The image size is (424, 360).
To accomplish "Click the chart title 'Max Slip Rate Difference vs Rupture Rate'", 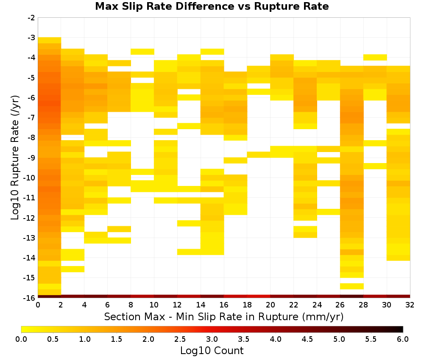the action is (x=212, y=6).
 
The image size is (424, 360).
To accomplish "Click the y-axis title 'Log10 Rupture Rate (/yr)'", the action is (x=15, y=158).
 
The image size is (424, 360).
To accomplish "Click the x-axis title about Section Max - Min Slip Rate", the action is (x=224, y=316).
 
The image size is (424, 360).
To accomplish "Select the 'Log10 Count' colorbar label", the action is (x=212, y=351).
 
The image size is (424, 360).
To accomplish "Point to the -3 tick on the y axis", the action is (x=31, y=38).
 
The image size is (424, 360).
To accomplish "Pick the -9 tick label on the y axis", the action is (x=31, y=158).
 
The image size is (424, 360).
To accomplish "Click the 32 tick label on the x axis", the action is (x=410, y=305).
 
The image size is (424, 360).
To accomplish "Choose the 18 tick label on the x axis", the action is (x=247, y=305).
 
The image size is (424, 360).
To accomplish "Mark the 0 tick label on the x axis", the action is (x=38, y=305).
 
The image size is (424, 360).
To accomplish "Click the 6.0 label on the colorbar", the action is (x=403, y=339).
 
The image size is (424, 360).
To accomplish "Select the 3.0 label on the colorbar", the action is (x=212, y=339).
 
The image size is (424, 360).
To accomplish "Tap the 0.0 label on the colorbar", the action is (x=21, y=339).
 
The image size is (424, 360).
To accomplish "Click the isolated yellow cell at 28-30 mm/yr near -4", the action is (x=375, y=57).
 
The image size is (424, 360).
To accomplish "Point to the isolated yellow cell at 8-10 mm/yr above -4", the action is (x=142, y=52).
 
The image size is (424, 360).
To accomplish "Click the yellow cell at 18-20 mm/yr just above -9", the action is (x=259, y=155).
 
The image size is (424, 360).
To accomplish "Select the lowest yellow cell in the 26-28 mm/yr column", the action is (x=352, y=286).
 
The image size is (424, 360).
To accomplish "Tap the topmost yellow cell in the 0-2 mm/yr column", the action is (x=50, y=40).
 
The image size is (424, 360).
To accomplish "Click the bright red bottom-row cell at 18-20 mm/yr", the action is (x=259, y=296).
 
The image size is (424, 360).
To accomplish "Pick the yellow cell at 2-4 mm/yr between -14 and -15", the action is (x=73, y=269).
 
